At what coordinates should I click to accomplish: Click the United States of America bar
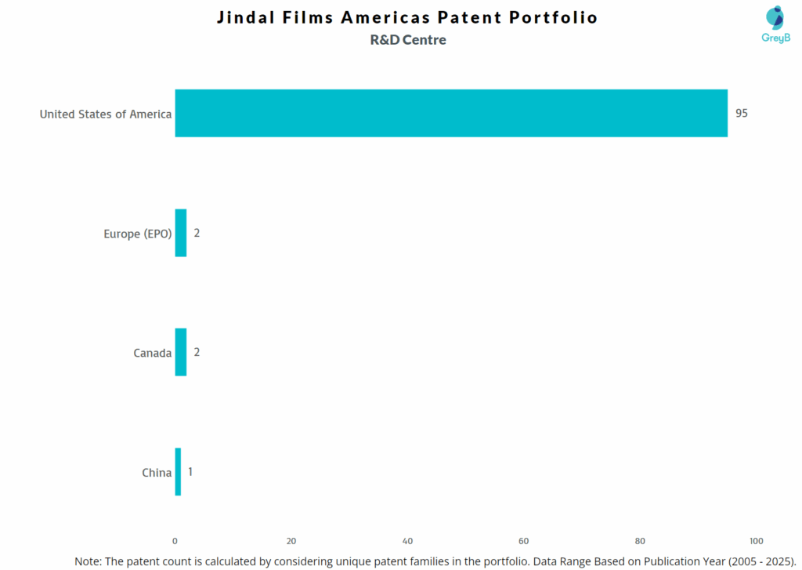pos(450,113)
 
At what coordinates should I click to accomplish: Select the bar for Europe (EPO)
pos(181,233)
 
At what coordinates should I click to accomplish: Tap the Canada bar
pos(181,352)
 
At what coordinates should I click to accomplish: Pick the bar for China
pos(178,472)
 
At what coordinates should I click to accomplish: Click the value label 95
pos(742,113)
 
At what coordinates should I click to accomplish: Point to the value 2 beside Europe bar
pos(197,233)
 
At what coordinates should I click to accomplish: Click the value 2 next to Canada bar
pos(197,352)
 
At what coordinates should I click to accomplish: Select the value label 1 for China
pos(190,472)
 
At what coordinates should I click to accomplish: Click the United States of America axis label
pos(106,114)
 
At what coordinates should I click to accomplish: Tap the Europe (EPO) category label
pos(137,234)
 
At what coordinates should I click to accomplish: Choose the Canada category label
pos(152,353)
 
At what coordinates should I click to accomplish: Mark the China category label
pos(157,473)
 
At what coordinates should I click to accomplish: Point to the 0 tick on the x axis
pos(175,541)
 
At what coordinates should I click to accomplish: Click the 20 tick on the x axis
pos(291,541)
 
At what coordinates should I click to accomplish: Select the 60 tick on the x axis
pos(524,541)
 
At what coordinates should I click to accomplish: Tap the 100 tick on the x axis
pos(756,541)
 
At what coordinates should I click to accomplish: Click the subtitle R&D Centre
pos(408,40)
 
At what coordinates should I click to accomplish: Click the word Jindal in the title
pos(247,17)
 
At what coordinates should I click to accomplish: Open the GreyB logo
pos(775,24)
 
